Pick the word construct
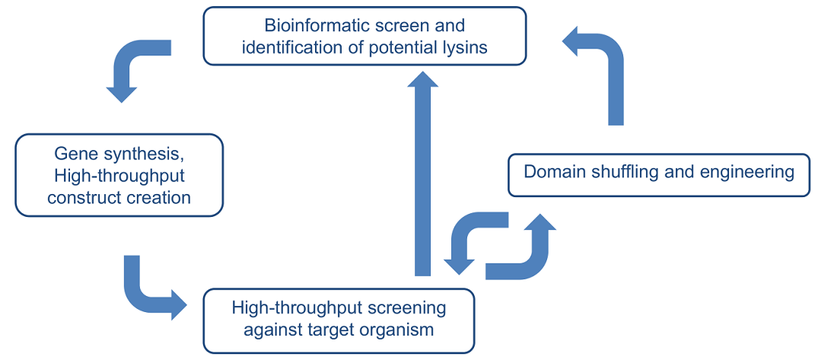(79, 199)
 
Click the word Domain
(548, 172)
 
